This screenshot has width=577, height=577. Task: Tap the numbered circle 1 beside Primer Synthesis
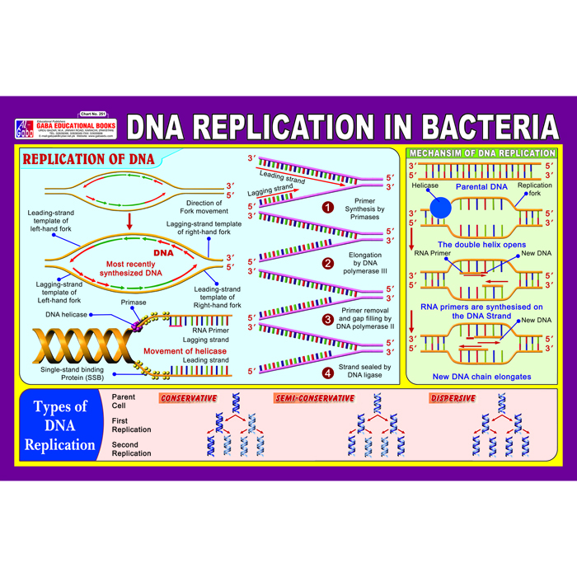click(x=327, y=208)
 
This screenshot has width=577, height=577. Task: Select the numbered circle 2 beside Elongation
click(x=327, y=264)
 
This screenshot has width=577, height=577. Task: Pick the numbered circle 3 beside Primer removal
click(x=327, y=319)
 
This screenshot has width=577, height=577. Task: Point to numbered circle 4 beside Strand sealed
click(x=327, y=373)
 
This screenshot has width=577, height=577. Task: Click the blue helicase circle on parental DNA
click(x=441, y=208)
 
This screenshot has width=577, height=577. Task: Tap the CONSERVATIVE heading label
click(x=189, y=399)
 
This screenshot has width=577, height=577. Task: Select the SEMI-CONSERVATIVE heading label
click(x=314, y=399)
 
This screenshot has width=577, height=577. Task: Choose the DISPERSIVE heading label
click(x=453, y=399)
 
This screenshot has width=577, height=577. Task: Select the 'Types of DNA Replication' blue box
click(x=59, y=426)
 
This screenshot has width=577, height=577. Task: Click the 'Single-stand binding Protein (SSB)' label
click(x=73, y=375)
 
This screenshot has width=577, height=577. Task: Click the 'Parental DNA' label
click(x=482, y=185)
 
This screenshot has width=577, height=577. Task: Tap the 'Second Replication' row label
click(x=131, y=449)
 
